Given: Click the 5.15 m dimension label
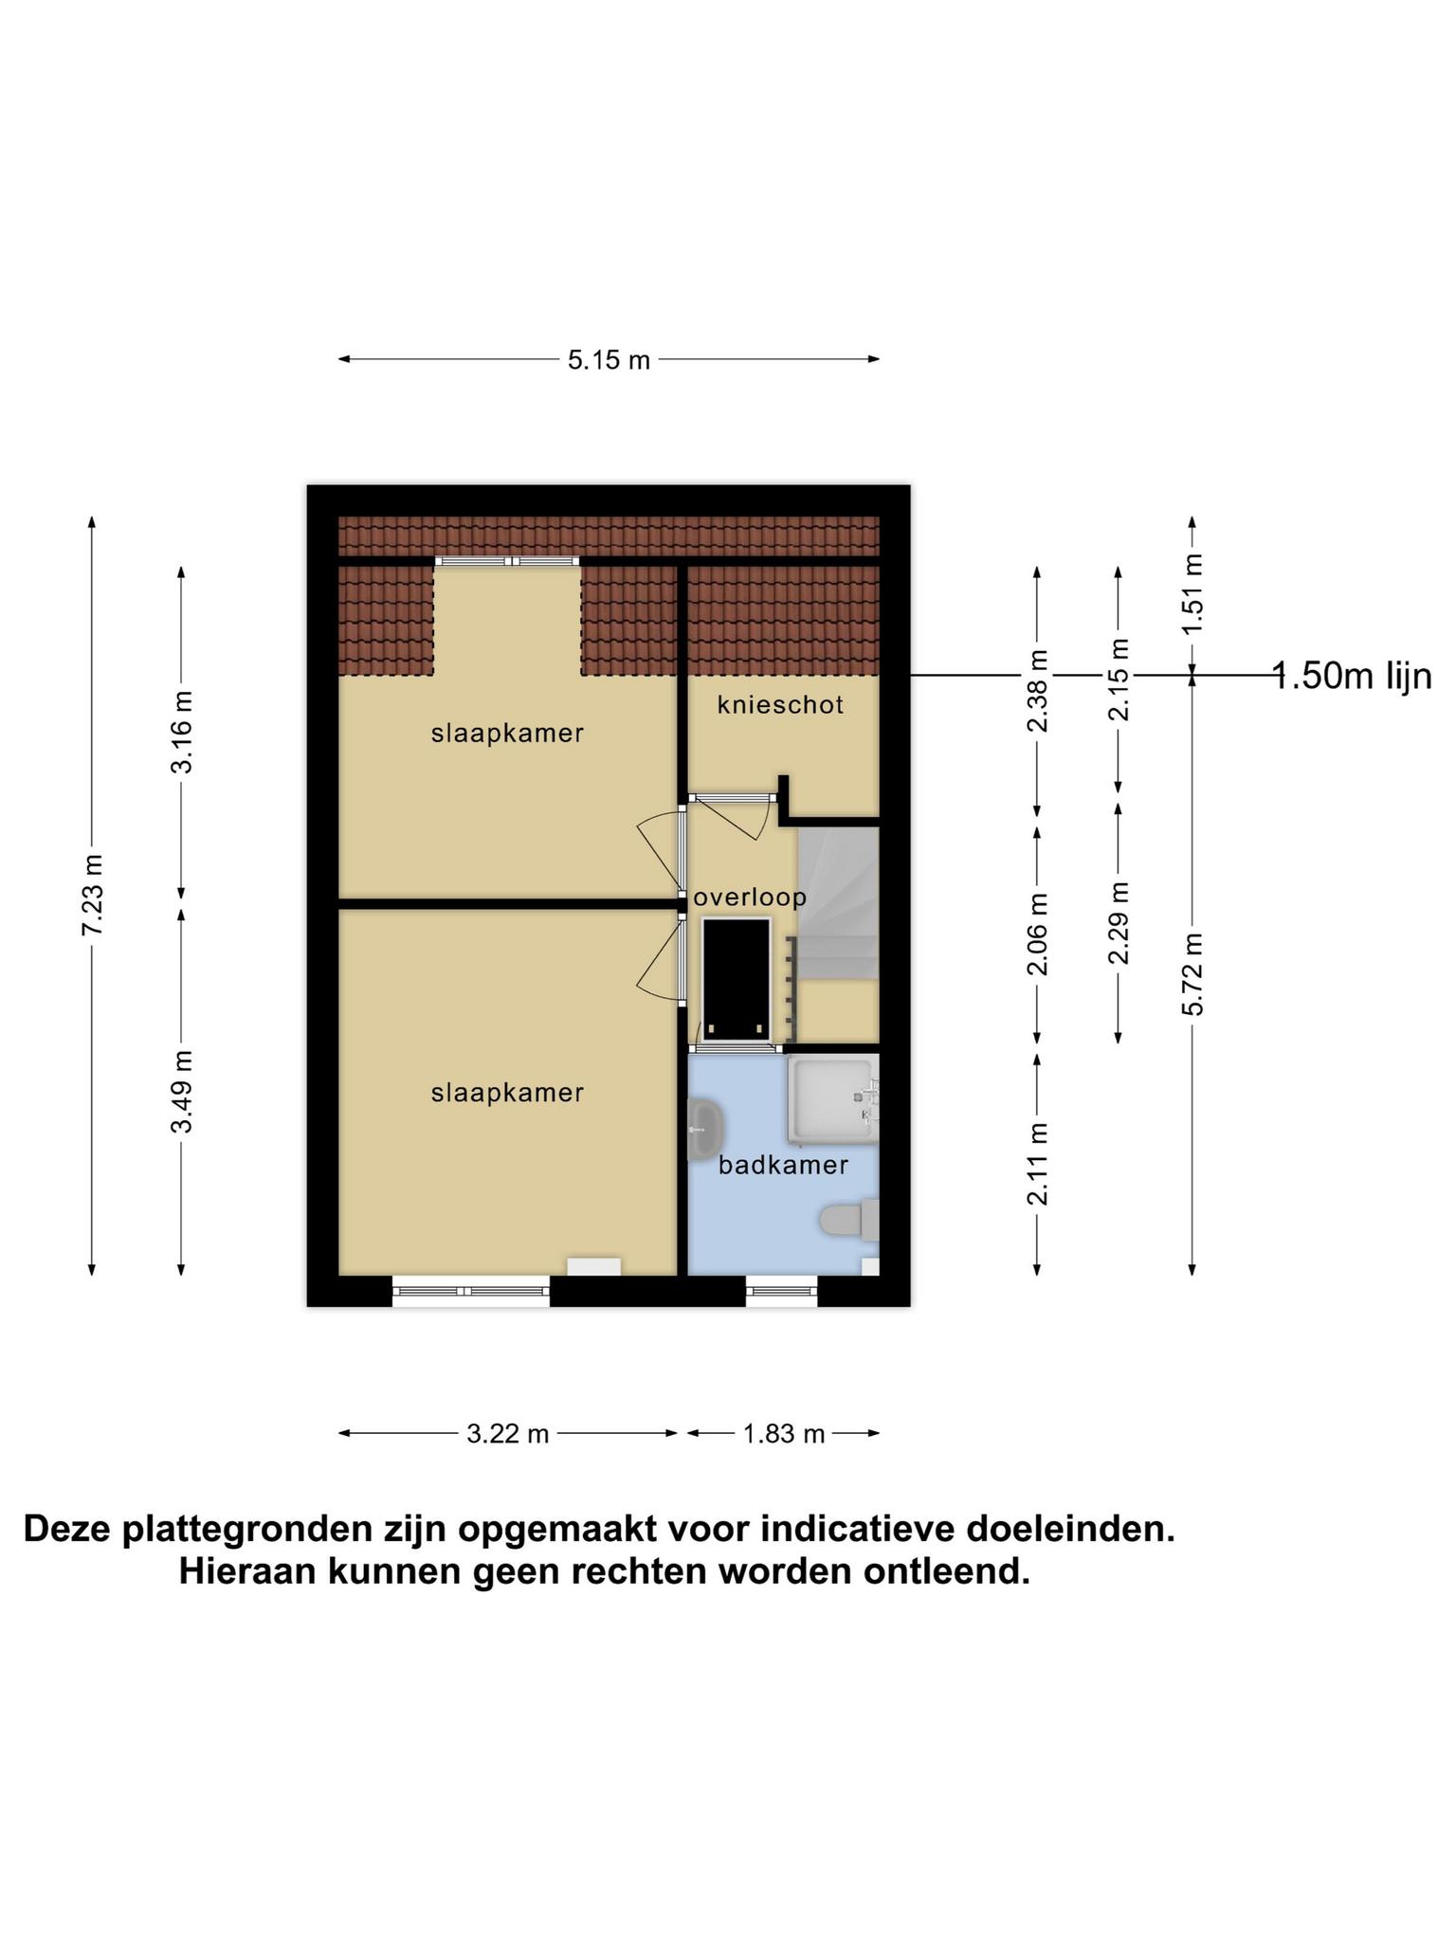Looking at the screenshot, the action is point(609,360).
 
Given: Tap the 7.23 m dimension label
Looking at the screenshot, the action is point(92,896).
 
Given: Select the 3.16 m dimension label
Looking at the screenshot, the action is point(181,732).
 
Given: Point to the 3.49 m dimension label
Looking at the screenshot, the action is point(181,1091).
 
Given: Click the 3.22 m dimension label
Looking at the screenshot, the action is point(508,1434).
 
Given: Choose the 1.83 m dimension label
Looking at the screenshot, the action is point(784,1434).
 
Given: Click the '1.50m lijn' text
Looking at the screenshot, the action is point(1352,677).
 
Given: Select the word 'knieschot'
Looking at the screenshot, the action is point(780,704).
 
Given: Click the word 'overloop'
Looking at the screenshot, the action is point(750,898).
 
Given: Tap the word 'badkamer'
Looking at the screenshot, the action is point(783,1165).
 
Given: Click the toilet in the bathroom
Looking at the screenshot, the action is point(849,1219).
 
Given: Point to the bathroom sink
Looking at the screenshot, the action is point(705,1130).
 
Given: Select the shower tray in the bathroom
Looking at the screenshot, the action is point(833,1099).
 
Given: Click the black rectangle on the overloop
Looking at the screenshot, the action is point(736,980).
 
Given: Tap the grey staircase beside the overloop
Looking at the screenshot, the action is point(839,903).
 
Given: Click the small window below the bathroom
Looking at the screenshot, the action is point(781,1291).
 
